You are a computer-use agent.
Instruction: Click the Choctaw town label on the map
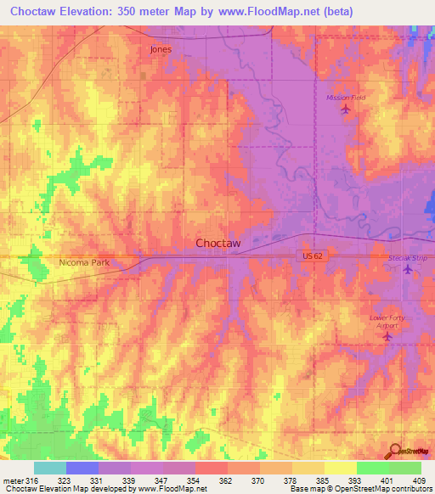(x=218, y=243)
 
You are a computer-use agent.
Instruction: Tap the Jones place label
(x=161, y=49)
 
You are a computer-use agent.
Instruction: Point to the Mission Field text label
(x=346, y=98)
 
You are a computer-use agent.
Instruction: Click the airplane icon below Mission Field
(x=344, y=109)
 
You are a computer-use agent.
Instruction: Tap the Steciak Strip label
(x=406, y=257)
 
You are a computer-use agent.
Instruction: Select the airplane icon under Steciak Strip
(x=407, y=270)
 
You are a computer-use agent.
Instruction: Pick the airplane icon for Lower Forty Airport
(x=388, y=337)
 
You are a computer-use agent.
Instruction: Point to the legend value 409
(x=419, y=480)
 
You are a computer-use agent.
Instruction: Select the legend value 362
(x=226, y=480)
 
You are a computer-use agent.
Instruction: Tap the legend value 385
(x=323, y=480)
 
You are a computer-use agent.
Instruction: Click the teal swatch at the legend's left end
(x=49, y=468)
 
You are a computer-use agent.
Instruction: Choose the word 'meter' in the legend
(x=14, y=480)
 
